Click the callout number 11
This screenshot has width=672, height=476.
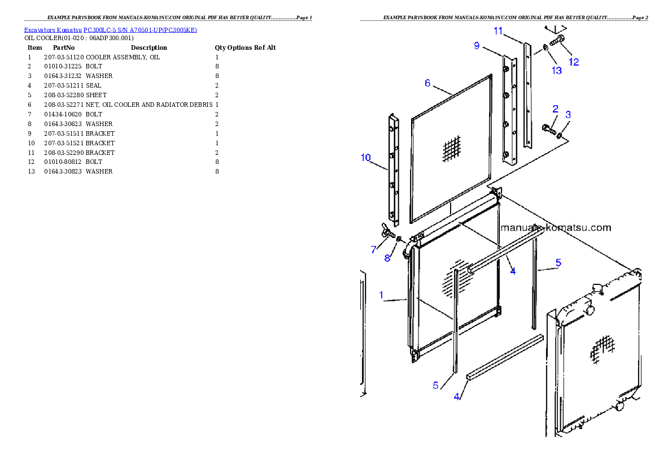point(498,31)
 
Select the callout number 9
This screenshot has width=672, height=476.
point(477,46)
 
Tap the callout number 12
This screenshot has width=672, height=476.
point(574,62)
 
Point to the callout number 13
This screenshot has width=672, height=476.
point(557,71)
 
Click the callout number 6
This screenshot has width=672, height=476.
point(427,83)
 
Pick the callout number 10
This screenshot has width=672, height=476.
point(366,157)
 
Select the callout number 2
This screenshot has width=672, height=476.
point(556,109)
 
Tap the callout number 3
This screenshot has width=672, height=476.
point(568,115)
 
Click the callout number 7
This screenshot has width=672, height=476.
point(373,249)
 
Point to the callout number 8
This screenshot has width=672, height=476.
point(387,258)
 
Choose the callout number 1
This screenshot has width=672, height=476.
point(382,295)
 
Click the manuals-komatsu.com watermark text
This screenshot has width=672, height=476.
point(556,228)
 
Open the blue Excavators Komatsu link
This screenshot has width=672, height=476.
point(110,31)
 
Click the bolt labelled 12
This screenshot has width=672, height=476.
point(558,40)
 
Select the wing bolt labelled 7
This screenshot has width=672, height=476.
point(387,232)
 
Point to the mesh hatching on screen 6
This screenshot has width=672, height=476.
point(452,150)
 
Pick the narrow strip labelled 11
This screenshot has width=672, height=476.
point(527,96)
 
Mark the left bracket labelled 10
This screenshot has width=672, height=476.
point(393,170)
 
